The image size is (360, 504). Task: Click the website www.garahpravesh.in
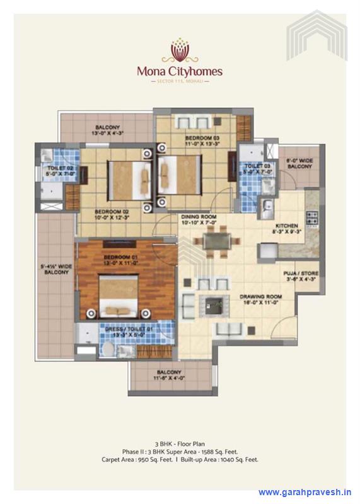[x=305, y=492]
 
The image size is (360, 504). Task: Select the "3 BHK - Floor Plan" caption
[x=180, y=444]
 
